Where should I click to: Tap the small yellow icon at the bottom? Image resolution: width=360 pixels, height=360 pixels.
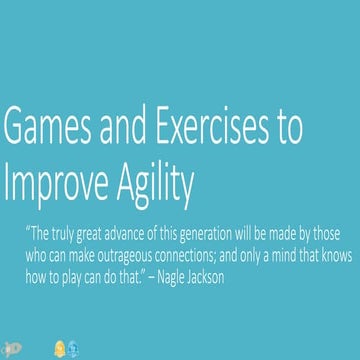pyautogui.click(x=58, y=349)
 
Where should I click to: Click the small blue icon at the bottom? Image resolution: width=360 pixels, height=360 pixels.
pyautogui.click(x=73, y=349)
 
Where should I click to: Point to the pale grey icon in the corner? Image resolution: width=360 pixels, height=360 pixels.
pyautogui.click(x=10, y=349)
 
